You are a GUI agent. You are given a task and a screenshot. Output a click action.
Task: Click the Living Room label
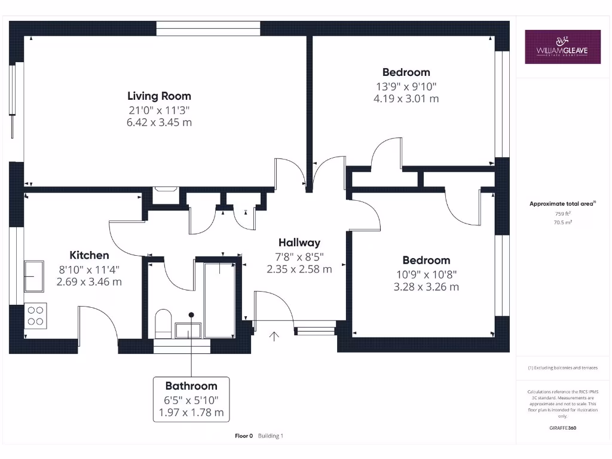click(159, 96)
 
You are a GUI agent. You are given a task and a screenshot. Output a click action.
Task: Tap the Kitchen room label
click(89, 255)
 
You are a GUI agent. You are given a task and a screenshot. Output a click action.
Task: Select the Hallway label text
click(299, 243)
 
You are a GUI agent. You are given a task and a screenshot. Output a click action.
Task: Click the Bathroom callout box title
click(191, 385)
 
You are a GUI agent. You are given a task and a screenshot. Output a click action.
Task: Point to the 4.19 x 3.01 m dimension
click(406, 99)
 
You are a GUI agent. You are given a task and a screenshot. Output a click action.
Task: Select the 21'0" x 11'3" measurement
click(159, 110)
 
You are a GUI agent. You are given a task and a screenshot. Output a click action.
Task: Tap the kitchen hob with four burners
click(36, 315)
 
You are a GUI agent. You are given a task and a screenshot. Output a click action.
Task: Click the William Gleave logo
click(562, 47)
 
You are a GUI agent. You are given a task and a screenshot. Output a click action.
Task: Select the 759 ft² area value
click(562, 213)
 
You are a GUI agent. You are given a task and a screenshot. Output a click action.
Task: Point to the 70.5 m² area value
click(562, 222)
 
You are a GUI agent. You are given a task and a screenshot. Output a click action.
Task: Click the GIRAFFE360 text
click(562, 428)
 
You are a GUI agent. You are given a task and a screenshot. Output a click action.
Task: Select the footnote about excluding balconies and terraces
click(562, 368)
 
